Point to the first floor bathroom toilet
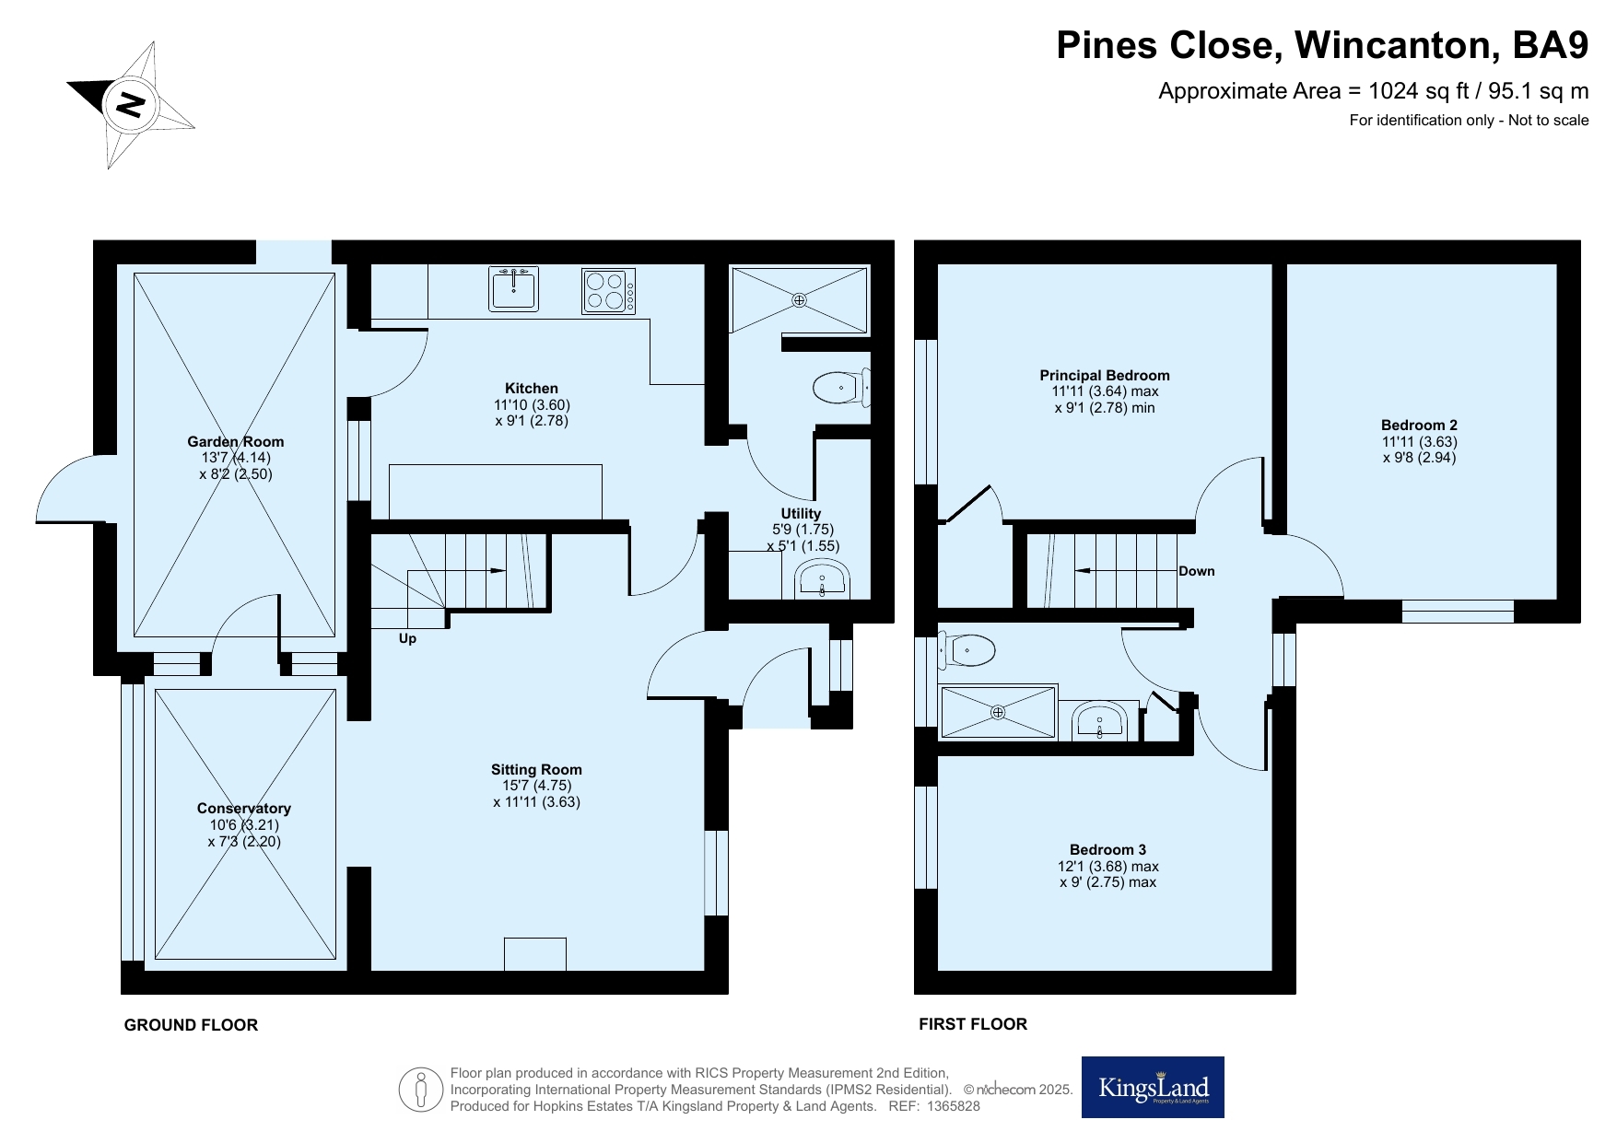tap(967, 650)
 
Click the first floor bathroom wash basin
tap(1100, 720)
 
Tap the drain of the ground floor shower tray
tap(799, 299)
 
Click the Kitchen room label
tap(532, 389)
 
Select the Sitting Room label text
tap(536, 770)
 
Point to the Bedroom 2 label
tap(1419, 426)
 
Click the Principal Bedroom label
tap(1105, 376)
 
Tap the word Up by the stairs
tap(407, 638)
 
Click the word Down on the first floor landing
tap(1197, 571)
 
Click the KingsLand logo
tap(1153, 1087)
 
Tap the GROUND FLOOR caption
tap(191, 1025)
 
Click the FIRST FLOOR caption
tap(973, 1024)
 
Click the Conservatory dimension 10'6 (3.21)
tap(244, 825)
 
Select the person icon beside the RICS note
tap(421, 1090)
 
